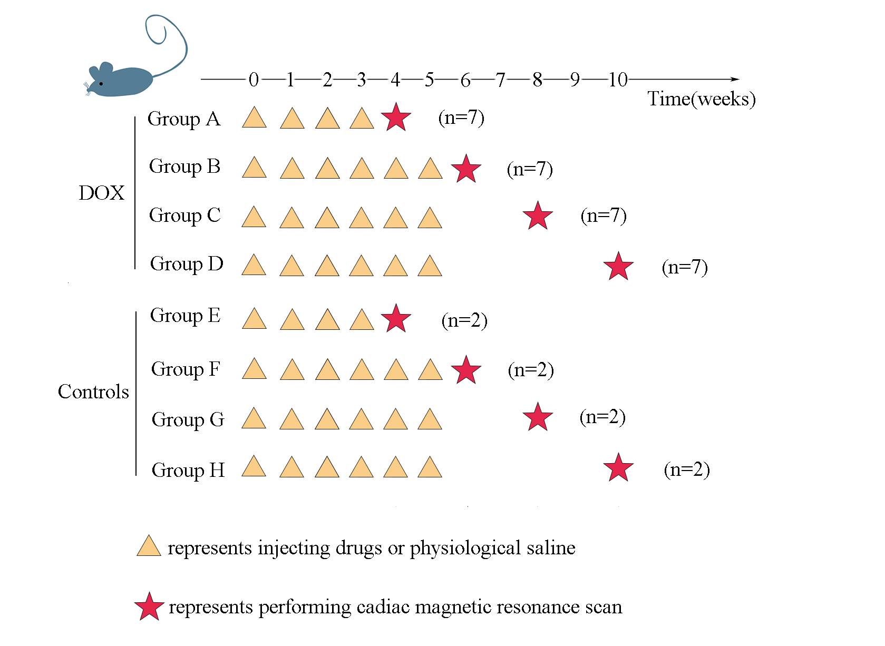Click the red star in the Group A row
pos(396,117)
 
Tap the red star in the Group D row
pos(618,266)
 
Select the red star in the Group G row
pos(538,417)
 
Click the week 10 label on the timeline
pos(618,80)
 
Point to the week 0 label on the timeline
pos(254,80)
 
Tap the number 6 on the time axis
pos(465,81)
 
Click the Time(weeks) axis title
pos(701,99)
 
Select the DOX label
pos(101,193)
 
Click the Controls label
pos(93,392)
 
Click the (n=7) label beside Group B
pos(530,170)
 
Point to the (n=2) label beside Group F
pos(531,370)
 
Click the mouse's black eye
pos(101,83)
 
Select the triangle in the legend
pos(149,546)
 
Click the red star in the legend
pos(149,606)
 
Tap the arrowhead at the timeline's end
pos(735,80)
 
